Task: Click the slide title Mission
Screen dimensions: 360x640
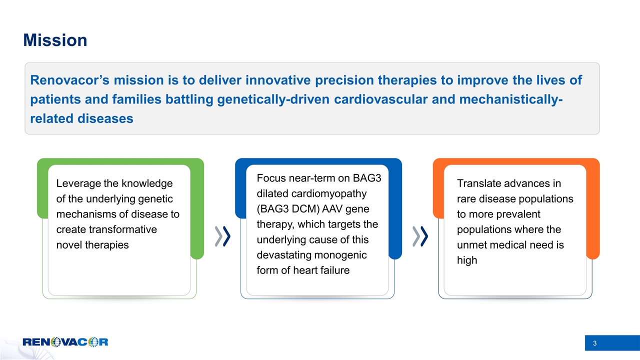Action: pyautogui.click(x=55, y=40)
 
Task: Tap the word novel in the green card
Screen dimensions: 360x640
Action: pyautogui.click(x=69, y=245)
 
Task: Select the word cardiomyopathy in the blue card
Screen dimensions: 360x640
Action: pyautogui.click(x=318, y=193)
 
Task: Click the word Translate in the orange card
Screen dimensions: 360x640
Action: pyautogui.click(x=478, y=183)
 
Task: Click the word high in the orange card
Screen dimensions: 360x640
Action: pyautogui.click(x=467, y=260)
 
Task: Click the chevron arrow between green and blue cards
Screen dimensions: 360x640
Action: pyautogui.click(x=222, y=236)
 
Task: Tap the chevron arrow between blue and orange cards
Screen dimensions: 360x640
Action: pyautogui.click(x=420, y=236)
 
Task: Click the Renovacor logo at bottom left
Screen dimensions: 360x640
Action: pyautogui.click(x=65, y=342)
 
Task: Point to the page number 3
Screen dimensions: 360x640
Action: pyautogui.click(x=594, y=343)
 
